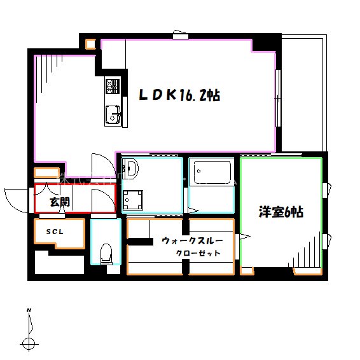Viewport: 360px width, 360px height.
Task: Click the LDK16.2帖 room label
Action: pos(180,96)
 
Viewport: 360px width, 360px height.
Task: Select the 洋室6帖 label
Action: pos(280,212)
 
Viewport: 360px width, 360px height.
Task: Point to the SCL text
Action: pos(54,232)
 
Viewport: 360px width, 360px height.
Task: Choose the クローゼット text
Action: pos(198,253)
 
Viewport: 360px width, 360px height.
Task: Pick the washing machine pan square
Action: pos(133,200)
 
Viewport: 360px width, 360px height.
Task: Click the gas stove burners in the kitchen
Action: pos(113,85)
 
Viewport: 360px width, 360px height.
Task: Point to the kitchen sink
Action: pos(113,115)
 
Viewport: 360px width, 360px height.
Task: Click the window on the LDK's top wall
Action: pos(181,36)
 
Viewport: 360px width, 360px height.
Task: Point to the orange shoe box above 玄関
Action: pos(46,173)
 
